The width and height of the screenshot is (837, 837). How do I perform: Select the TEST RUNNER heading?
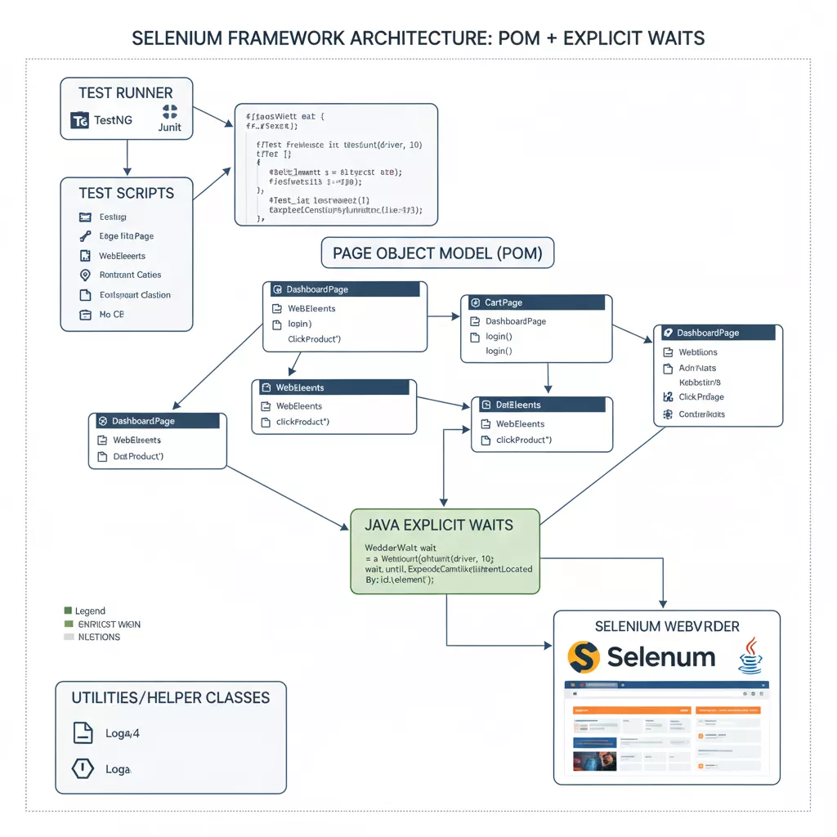125,92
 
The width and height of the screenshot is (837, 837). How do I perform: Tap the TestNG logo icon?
80,120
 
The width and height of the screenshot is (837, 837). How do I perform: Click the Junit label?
170,128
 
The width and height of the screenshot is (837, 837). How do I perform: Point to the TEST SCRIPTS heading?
126,193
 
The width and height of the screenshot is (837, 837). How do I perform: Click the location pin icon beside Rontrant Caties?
85,275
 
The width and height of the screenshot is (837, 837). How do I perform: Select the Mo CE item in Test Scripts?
111,315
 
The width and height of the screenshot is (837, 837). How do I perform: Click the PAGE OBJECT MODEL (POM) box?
437,253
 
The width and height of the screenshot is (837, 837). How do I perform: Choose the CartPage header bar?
536,302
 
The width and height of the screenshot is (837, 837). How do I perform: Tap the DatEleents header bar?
542,405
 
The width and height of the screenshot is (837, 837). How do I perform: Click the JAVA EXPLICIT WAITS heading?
439,525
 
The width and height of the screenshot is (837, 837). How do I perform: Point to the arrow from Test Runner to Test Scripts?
127,158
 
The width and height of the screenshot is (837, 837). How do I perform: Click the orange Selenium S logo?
584,656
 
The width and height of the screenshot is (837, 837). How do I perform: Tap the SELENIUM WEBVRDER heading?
667,626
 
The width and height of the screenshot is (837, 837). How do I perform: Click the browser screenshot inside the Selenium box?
666,727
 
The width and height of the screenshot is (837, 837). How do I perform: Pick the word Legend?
90,611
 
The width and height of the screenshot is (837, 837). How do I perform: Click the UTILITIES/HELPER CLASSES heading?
170,697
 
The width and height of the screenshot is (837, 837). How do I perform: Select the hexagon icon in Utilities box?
83,769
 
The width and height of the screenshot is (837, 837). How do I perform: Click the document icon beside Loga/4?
83,733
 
